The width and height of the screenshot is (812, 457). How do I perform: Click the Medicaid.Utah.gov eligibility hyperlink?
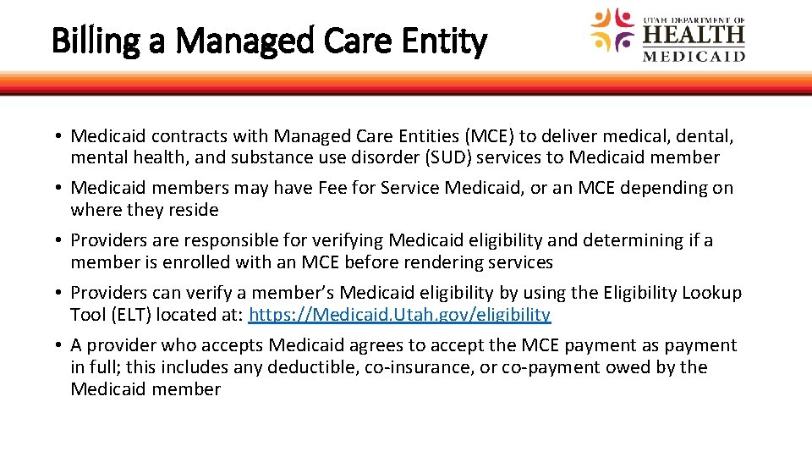(400, 315)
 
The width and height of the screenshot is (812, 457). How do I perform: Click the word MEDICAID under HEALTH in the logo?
(694, 56)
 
